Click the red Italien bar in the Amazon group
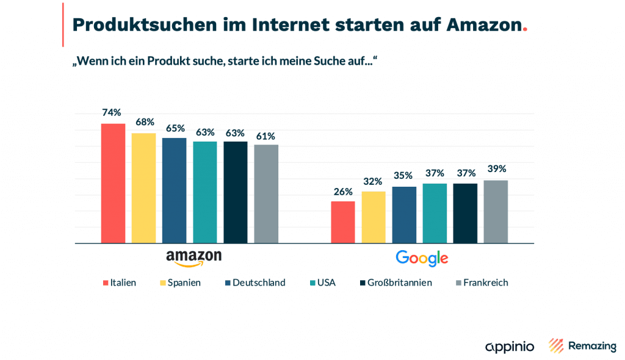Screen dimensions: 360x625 tap(113, 183)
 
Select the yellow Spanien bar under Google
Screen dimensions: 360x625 tap(374, 217)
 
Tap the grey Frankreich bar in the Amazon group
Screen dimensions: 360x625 tap(266, 193)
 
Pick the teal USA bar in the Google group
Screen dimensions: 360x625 tap(435, 213)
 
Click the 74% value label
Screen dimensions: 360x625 tap(112, 112)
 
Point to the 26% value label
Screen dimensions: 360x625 tap(343, 192)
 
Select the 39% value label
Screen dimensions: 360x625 tap(496, 169)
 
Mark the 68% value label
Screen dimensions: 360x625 tap(144, 122)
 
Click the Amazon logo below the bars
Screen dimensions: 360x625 tap(193, 257)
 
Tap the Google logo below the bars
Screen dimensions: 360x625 tap(422, 258)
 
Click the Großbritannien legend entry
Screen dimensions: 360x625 tap(400, 283)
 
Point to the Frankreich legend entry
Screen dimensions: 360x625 tap(482, 283)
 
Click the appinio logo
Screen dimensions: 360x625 tap(510, 347)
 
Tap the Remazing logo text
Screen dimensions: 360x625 tap(592, 346)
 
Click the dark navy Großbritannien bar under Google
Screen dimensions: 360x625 tap(465, 213)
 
